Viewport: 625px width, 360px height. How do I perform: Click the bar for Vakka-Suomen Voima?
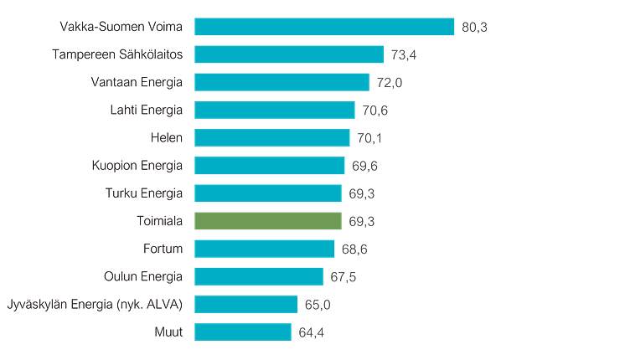click(324, 27)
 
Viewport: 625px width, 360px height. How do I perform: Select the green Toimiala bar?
click(268, 221)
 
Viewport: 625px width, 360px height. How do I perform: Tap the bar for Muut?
click(243, 332)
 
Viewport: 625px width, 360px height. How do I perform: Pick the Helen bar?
click(272, 138)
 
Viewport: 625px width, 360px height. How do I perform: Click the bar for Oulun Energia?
click(259, 276)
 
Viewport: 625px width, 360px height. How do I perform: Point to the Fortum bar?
click(265, 249)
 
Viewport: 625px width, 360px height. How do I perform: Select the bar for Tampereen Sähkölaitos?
click(289, 54)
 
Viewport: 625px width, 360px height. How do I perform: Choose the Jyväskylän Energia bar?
click(246, 304)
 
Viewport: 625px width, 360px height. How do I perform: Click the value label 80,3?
click(474, 28)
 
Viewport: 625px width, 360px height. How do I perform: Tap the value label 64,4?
click(311, 332)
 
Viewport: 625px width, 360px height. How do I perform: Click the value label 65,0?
click(318, 305)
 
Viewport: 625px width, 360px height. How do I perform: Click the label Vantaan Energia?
click(137, 82)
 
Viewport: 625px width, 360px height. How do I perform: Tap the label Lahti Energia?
click(146, 110)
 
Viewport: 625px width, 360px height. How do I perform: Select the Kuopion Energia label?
click(137, 165)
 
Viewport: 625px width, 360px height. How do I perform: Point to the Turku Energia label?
click(144, 193)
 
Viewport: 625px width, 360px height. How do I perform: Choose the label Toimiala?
click(159, 221)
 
